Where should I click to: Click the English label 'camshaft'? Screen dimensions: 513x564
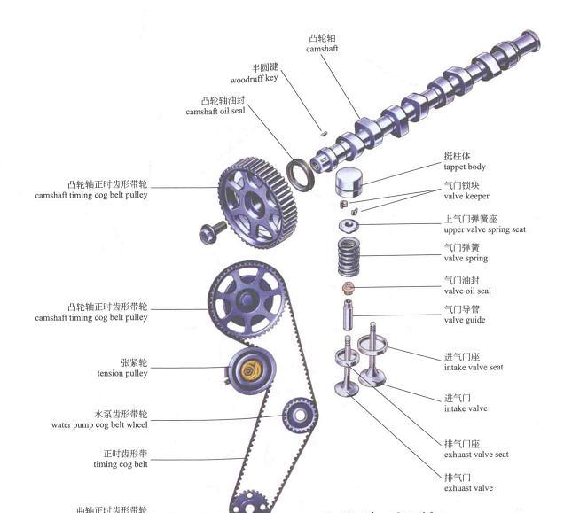[x=322, y=49]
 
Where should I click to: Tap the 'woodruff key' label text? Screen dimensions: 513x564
[x=254, y=78]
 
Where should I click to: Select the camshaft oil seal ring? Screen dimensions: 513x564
[x=301, y=175]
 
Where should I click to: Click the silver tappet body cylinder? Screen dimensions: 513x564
[x=350, y=181]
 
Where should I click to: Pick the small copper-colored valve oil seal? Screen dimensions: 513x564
[x=349, y=289]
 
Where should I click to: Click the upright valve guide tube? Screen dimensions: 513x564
[x=349, y=315]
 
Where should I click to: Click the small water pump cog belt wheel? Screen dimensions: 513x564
[x=299, y=414]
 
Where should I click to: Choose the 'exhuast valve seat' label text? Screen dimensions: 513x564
[x=475, y=455]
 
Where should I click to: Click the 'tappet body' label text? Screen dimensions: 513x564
[x=465, y=167]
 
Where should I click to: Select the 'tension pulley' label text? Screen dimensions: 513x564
[x=122, y=373]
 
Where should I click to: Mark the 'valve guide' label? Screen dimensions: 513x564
[x=466, y=320]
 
